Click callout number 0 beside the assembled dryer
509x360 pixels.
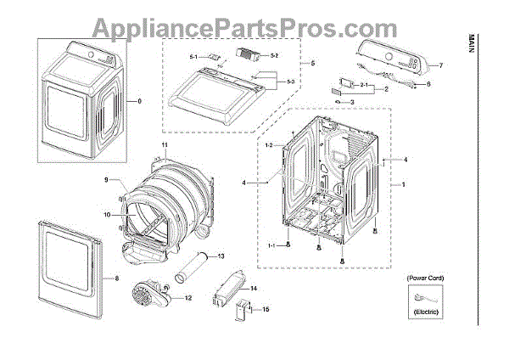[140, 101]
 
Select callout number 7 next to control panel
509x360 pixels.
[441, 65]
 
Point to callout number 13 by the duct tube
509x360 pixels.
[221, 256]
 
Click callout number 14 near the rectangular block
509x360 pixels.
[253, 289]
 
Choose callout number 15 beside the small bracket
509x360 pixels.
[266, 310]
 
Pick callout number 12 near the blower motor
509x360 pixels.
[187, 298]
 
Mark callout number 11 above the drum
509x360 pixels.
[165, 147]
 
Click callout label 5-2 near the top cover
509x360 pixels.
[275, 55]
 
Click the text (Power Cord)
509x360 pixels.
[424, 278]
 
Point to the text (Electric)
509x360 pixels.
[424, 313]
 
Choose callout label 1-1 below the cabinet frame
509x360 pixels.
[272, 245]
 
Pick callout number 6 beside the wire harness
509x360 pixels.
[428, 84]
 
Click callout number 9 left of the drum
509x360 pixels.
[108, 180]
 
